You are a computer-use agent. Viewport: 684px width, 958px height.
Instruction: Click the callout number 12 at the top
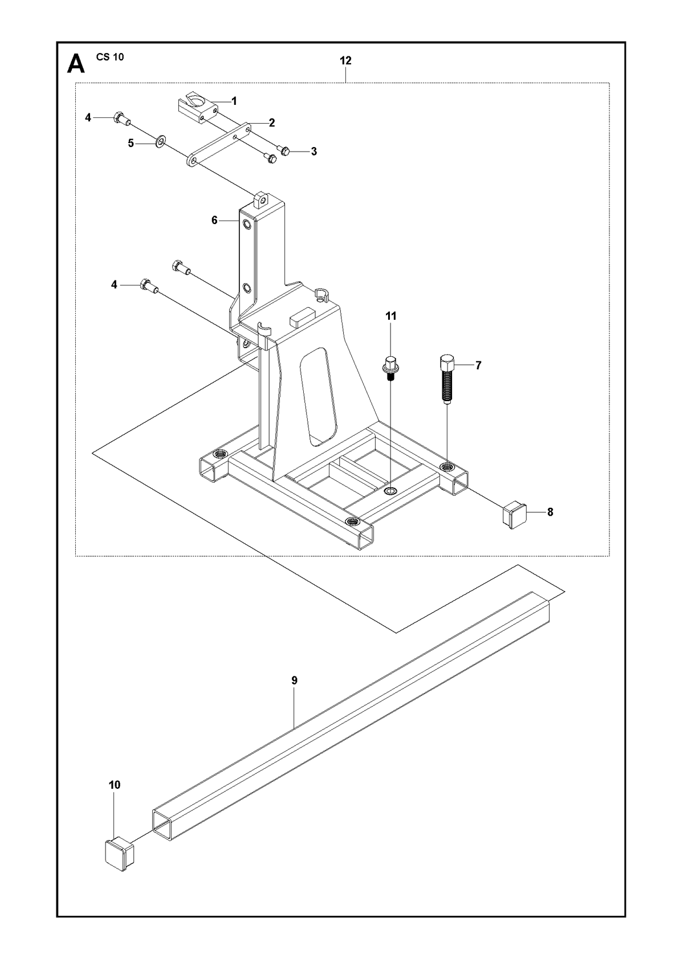pos(345,61)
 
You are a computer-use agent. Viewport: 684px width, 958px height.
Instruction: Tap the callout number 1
pos(234,101)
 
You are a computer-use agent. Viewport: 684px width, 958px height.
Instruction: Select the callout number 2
pos(272,123)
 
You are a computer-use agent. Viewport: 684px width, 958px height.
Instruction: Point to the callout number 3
pos(313,152)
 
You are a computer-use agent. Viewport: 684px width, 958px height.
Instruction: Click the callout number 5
pos(131,143)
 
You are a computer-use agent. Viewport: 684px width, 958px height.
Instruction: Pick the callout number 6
pos(215,220)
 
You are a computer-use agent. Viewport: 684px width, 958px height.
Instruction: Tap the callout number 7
pos(478,365)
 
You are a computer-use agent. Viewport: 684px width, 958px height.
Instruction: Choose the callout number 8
pos(550,512)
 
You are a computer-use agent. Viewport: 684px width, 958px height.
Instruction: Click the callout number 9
pos(294,680)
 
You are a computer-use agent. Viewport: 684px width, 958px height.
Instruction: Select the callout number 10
pos(115,785)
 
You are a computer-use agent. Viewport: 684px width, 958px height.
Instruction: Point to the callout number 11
pos(391,316)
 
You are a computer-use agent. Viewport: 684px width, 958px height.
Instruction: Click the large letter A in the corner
pos(76,64)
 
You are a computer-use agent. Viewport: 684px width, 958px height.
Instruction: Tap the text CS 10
pos(110,58)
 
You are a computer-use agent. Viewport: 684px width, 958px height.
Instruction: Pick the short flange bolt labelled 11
pos(390,366)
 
